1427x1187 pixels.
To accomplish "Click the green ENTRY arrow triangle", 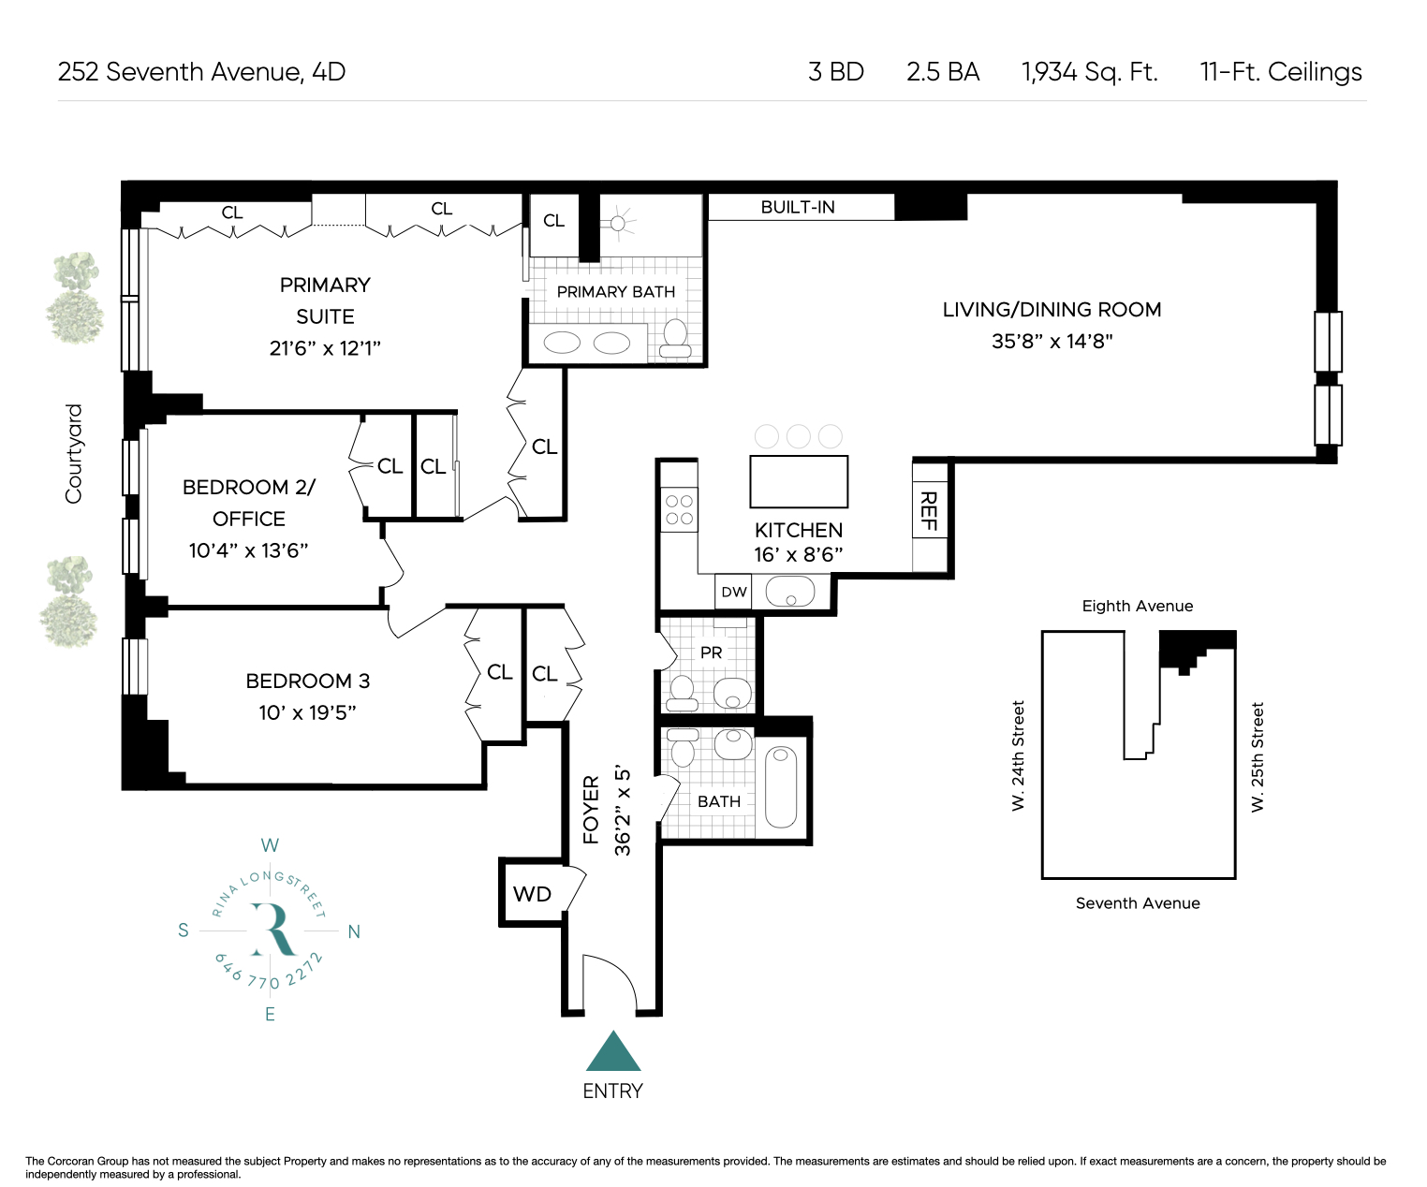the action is click(613, 1052).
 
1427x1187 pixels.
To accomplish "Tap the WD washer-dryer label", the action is click(532, 894).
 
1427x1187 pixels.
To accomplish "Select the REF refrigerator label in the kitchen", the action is click(928, 510).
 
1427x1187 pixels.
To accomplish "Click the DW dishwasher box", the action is click(733, 592).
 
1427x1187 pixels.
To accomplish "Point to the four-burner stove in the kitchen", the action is click(680, 510).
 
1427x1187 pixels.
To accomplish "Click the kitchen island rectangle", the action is click(799, 482).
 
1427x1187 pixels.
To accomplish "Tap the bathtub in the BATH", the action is click(781, 787).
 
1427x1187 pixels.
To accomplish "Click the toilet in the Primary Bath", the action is click(675, 338).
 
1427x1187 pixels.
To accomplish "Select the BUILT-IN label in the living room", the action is click(798, 207).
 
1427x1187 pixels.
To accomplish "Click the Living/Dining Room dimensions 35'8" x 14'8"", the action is click(1052, 341).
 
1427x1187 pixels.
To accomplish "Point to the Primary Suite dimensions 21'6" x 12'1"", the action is click(325, 348).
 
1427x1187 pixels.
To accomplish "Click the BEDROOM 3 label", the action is click(307, 681).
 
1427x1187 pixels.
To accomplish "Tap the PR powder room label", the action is click(711, 652).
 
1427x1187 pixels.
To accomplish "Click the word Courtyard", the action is click(73, 454).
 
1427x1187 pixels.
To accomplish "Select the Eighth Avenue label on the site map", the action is click(1138, 607).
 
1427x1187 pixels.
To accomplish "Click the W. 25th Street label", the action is click(1257, 757).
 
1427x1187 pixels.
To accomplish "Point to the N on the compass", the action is click(354, 931).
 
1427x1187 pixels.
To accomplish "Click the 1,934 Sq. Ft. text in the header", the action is click(1089, 72).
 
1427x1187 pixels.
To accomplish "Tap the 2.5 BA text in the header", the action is click(943, 72).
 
